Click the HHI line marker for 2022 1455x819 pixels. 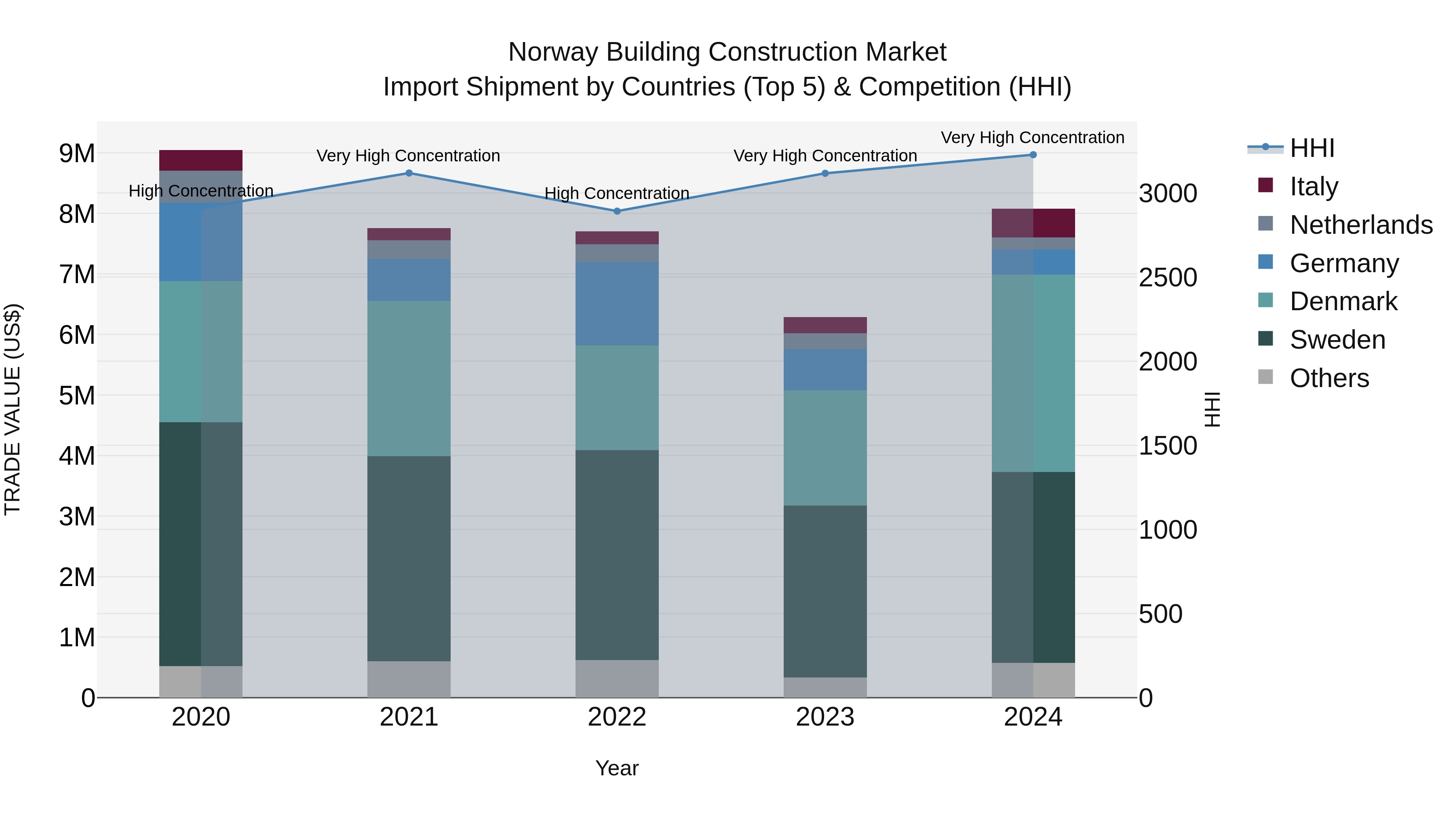[617, 212]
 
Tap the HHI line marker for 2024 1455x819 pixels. [1033, 155]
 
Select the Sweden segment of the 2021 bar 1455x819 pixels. [409, 559]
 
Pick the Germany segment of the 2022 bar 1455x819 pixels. [617, 303]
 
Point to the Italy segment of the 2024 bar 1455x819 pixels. [1033, 223]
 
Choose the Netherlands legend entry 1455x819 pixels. [1361, 225]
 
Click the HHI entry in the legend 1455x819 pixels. [1312, 148]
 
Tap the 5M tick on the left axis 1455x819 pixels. [77, 396]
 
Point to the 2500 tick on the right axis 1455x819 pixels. [1168, 277]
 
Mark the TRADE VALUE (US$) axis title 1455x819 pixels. [13, 409]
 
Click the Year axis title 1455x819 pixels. [617, 768]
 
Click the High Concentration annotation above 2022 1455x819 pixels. [617, 193]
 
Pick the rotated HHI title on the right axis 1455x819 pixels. [1212, 409]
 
